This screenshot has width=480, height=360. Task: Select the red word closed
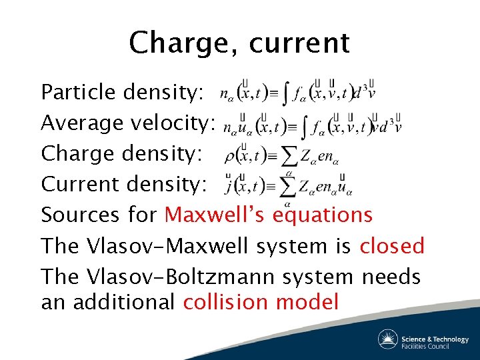[392, 245]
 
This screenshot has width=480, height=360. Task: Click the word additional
[124, 302]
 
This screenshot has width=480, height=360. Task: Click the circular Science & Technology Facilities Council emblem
[388, 339]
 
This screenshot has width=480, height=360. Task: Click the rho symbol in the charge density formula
[231, 157]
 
